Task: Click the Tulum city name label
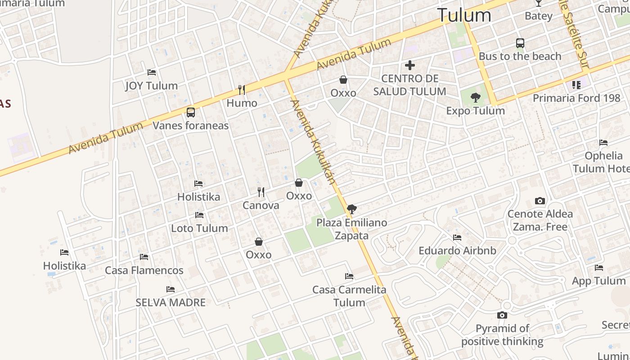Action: coord(464,15)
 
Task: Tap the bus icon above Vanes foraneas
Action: coord(191,112)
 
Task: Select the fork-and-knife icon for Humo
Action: coord(242,90)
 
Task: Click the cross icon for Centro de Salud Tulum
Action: coord(409,65)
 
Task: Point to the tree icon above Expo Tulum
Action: coord(475,98)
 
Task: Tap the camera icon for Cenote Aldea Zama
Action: coord(540,201)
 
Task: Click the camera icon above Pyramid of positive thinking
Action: coord(502,315)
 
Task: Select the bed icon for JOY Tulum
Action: coord(152,72)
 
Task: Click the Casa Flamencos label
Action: coord(144,270)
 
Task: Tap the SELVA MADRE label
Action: coord(171,302)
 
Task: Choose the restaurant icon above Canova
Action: coord(261,192)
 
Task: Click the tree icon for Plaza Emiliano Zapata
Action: coord(352,209)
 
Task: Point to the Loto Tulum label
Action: coord(199,228)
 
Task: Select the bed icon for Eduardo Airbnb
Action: coord(457,238)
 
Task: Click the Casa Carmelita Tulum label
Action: coord(349,296)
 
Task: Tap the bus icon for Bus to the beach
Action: coord(520,43)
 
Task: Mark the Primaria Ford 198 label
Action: coord(576,98)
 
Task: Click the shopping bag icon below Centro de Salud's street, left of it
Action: coord(343,80)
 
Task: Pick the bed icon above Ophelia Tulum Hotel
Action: coord(603,143)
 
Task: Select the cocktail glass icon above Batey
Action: coord(538,3)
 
